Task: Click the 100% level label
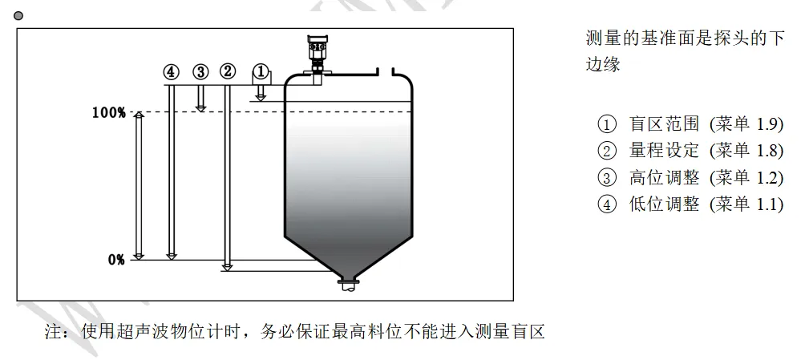coord(108,112)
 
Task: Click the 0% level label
coord(116,260)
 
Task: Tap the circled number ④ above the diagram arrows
coord(171,72)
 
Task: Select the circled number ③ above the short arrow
coord(200,72)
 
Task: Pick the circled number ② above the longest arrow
coord(228,72)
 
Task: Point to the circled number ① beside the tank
coord(261,72)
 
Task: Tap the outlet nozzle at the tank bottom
coord(349,285)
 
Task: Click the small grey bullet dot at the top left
coord(18,16)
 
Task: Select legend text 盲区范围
coord(664,123)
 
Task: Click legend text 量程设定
coord(664,151)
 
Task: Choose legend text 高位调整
coord(664,178)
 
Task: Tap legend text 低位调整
coord(664,204)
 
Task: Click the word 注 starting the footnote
coord(54,332)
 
